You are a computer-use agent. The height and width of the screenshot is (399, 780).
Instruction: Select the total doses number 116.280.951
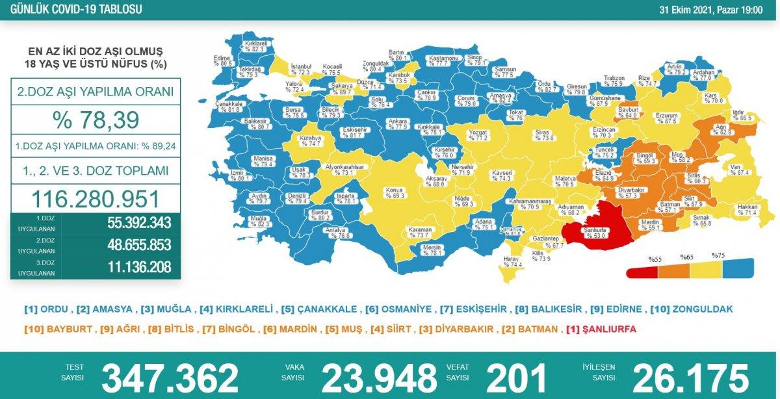[96, 198]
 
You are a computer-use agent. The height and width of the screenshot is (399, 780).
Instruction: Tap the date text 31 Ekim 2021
[686, 10]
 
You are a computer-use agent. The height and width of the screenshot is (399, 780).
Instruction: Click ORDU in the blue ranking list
[55, 309]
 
